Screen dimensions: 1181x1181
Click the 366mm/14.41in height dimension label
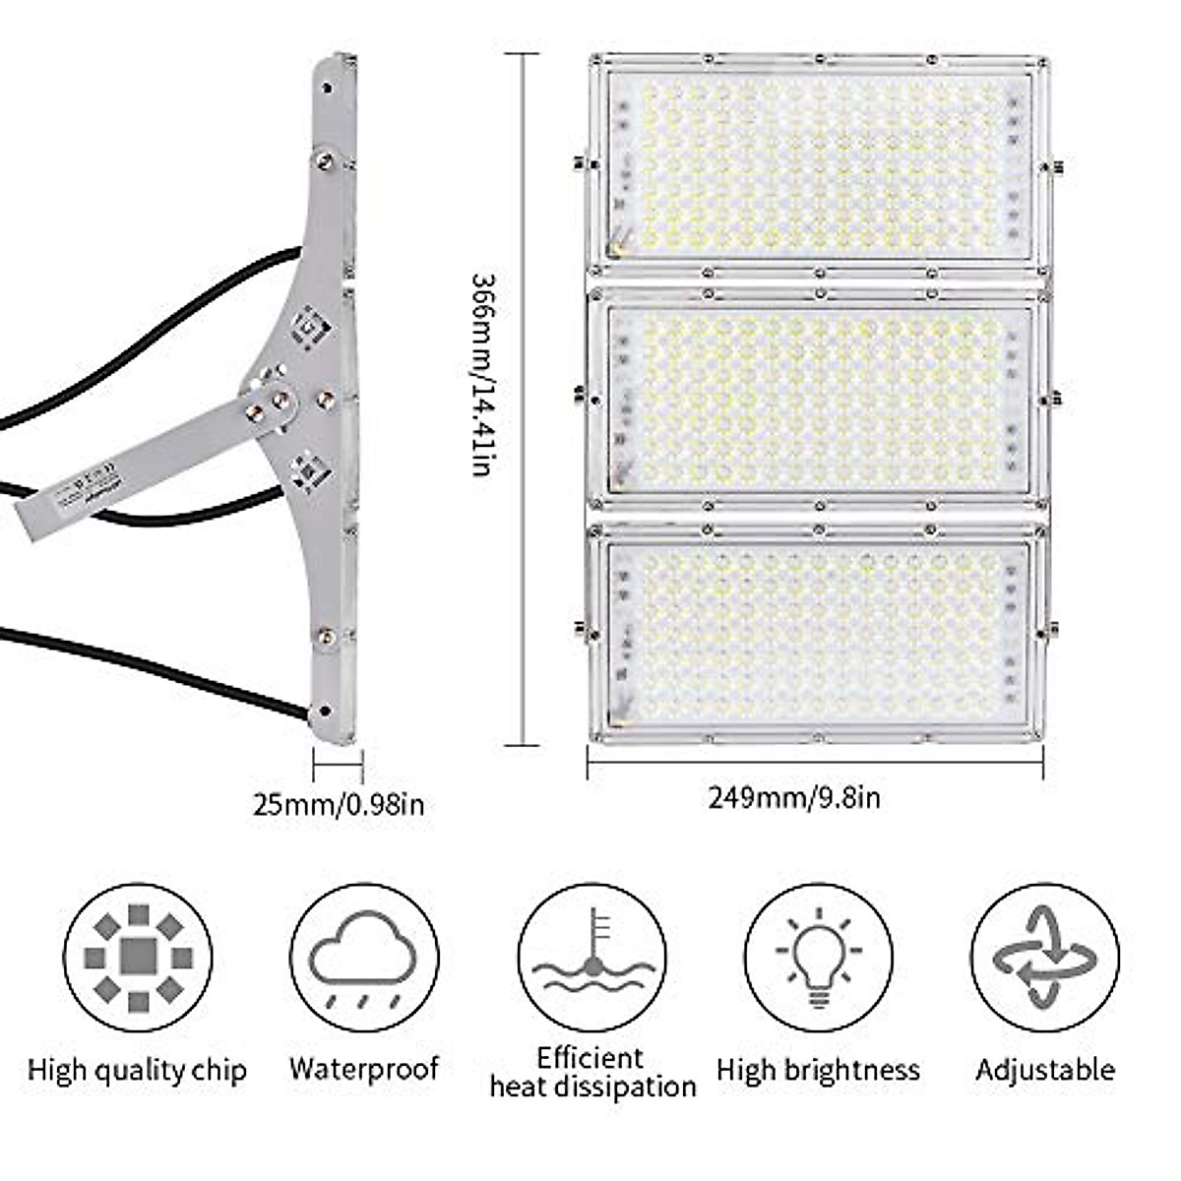[x=479, y=375]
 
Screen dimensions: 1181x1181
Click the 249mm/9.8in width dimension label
[x=794, y=796]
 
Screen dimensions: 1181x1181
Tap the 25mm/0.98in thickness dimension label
[x=339, y=804]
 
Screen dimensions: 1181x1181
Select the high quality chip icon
[x=138, y=958]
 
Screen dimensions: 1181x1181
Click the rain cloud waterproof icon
[x=364, y=958]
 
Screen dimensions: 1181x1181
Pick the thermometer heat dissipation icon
[x=591, y=958]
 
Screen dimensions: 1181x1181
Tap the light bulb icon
[x=818, y=958]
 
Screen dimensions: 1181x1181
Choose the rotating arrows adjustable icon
[x=1044, y=958]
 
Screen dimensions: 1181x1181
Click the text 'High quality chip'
[x=137, y=1070]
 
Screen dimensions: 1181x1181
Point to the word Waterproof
[x=364, y=1069]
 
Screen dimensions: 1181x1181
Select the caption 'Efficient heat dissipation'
[x=592, y=1073]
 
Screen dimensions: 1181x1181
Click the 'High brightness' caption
[x=818, y=1070]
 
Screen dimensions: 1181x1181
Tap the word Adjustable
[x=1045, y=1070]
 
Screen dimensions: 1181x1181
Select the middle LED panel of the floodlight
[x=817, y=399]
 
